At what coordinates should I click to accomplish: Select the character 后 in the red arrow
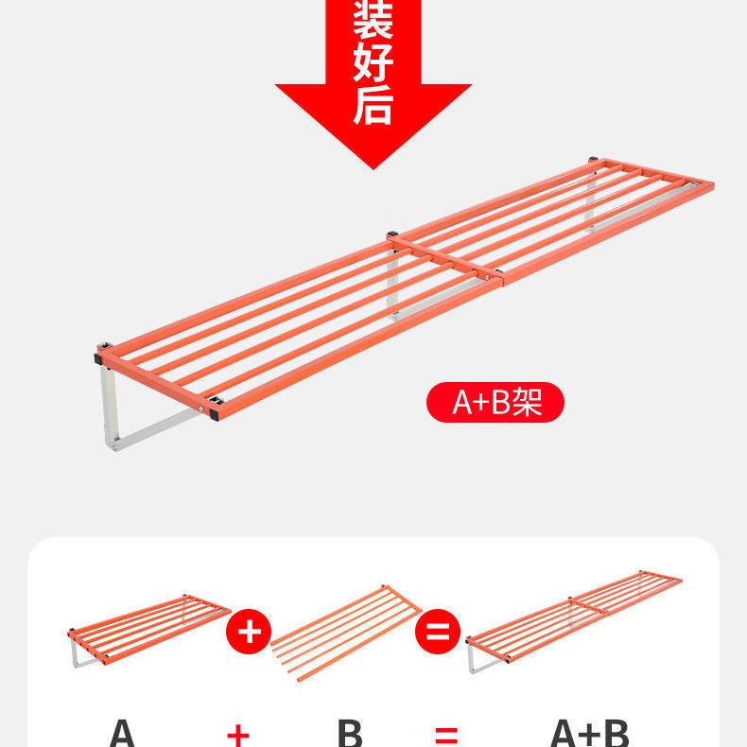click(x=373, y=105)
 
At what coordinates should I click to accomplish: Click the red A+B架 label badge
click(x=495, y=402)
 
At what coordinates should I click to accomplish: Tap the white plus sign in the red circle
click(x=249, y=631)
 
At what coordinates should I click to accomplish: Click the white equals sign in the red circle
click(x=437, y=631)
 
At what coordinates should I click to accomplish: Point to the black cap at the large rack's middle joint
click(x=391, y=233)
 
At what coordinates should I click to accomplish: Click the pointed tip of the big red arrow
click(x=373, y=166)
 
